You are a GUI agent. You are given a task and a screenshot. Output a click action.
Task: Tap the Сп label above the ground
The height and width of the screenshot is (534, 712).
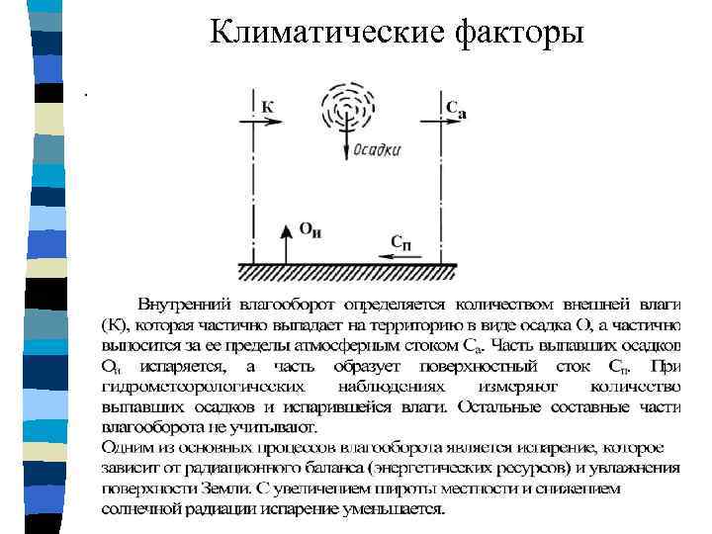(401, 241)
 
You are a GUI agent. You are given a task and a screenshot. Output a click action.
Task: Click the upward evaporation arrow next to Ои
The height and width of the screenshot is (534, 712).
(285, 241)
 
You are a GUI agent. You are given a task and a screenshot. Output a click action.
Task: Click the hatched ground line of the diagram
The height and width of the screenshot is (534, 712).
(347, 269)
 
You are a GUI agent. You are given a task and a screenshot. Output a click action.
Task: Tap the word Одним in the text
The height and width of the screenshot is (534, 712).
(124, 447)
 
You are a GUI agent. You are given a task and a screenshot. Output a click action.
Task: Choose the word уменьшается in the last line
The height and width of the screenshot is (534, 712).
(400, 509)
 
